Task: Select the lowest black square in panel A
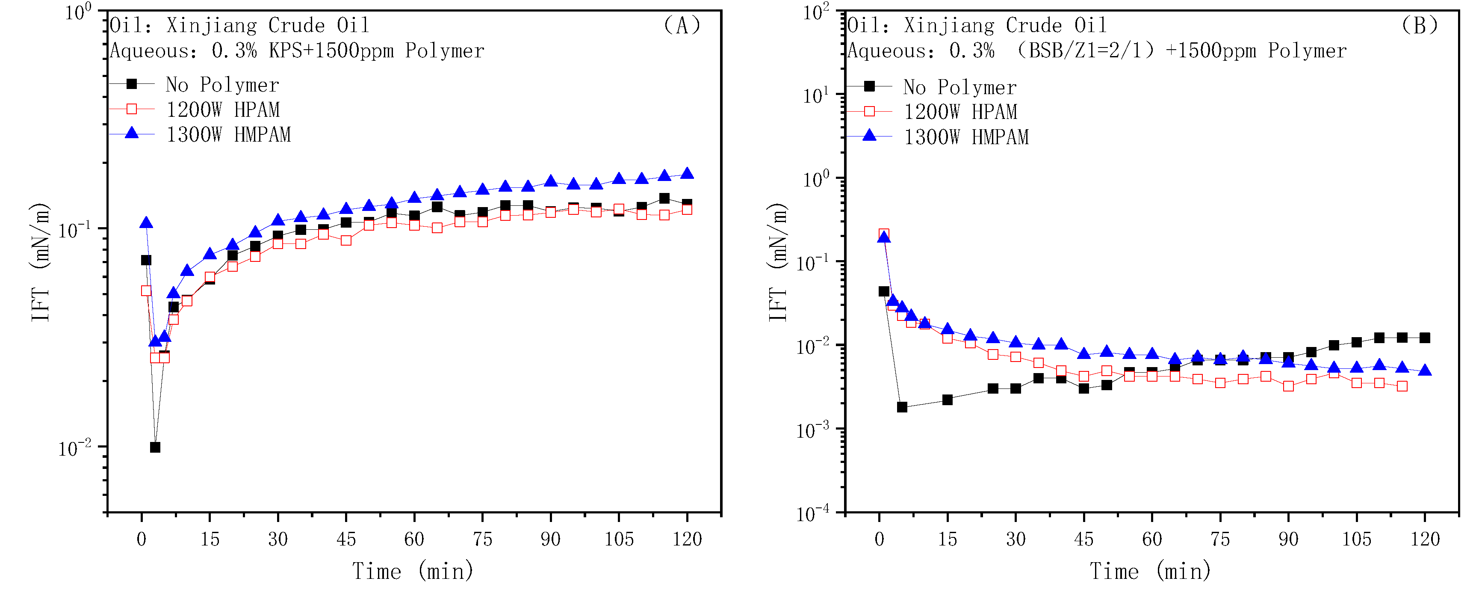[155, 447]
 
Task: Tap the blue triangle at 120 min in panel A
[687, 174]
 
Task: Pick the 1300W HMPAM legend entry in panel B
[966, 137]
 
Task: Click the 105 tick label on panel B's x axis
[1356, 539]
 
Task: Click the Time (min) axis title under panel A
[413, 571]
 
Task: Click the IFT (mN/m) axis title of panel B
[777, 262]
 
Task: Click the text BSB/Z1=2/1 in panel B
[1085, 50]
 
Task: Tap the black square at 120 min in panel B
[1424, 338]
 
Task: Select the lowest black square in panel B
[902, 407]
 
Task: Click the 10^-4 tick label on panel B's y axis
[812, 513]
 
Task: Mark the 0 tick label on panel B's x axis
[879, 539]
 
